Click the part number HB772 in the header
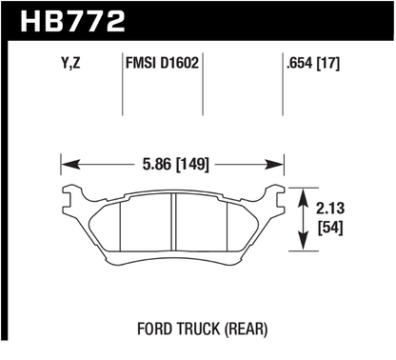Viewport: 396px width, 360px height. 72,22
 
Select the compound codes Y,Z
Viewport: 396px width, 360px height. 70,63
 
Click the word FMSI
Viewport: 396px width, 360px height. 141,63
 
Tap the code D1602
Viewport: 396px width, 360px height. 179,63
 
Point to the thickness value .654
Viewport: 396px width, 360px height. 300,63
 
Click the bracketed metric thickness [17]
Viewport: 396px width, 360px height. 328,63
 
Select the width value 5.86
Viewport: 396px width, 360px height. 156,165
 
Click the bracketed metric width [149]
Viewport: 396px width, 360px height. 192,165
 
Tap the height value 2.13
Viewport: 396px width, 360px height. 330,209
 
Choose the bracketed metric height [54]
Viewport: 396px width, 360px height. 330,228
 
